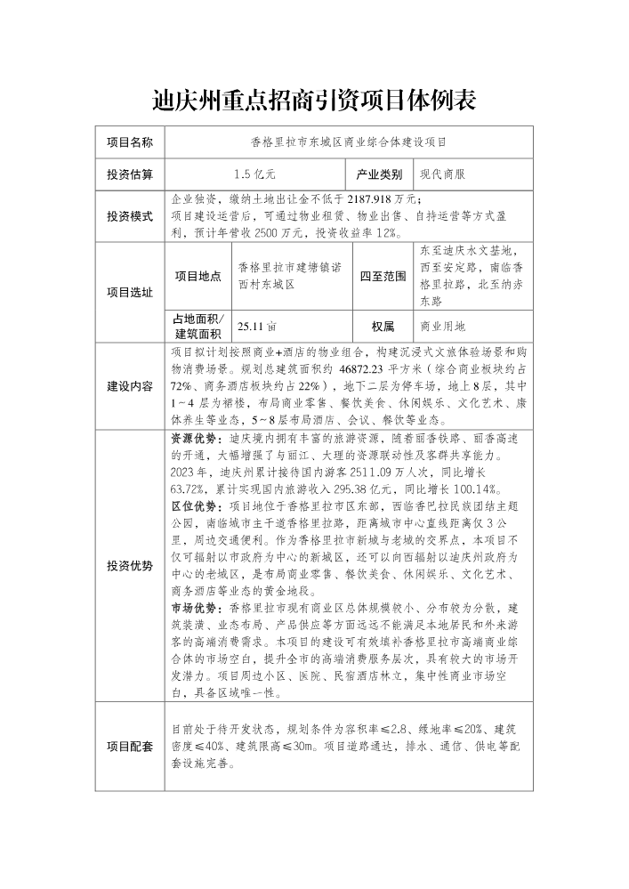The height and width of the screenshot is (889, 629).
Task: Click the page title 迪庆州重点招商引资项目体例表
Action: tap(314, 100)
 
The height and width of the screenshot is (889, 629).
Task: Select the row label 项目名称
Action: tap(130, 141)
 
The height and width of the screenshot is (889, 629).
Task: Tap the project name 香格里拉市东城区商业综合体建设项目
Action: tap(349, 141)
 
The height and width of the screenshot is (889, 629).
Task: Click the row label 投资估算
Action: tap(130, 174)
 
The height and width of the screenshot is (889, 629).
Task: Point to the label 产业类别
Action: tap(380, 174)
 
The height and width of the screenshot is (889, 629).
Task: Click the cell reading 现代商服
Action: tap(442, 174)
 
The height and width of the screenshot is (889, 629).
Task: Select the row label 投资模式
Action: tap(130, 216)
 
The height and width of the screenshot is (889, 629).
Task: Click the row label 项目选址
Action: tap(130, 292)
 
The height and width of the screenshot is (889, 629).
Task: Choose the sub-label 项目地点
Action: tap(198, 277)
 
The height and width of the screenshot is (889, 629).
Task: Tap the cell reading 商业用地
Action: tap(442, 327)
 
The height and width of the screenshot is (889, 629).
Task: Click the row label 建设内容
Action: tap(130, 387)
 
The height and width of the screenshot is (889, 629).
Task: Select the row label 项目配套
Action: tap(130, 746)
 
